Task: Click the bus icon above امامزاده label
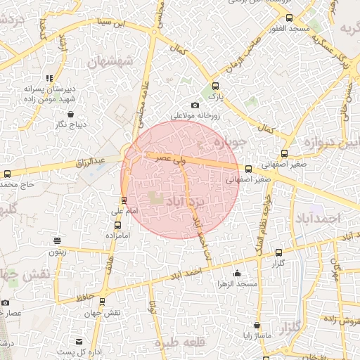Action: (117, 226)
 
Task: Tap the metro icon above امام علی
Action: (124, 200)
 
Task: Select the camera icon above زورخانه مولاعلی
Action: (195, 105)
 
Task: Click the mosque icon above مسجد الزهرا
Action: (237, 274)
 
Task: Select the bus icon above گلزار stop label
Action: (278, 252)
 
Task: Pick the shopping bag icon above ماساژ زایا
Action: (257, 326)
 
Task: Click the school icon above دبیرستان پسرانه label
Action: (49, 79)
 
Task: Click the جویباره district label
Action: (224, 144)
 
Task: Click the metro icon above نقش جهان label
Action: (102, 302)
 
